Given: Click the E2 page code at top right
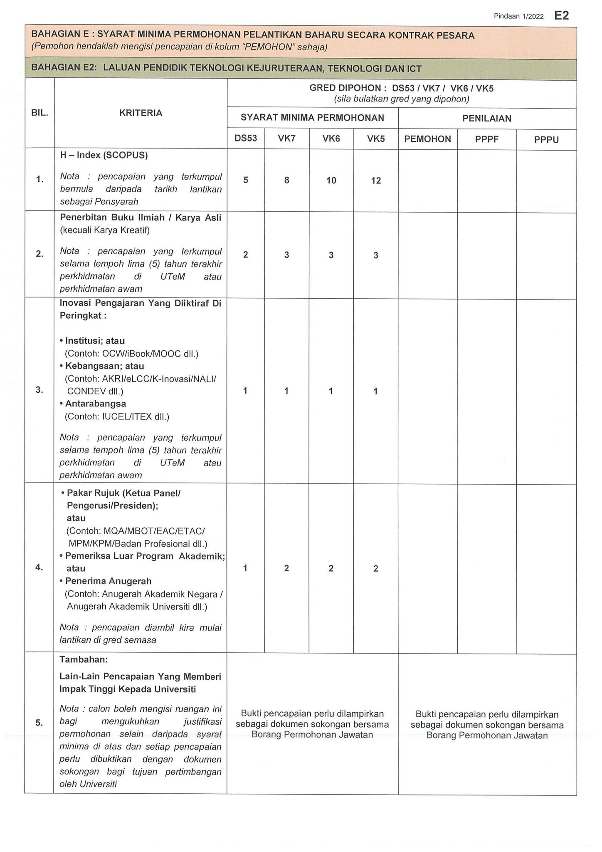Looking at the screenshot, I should coord(561,16).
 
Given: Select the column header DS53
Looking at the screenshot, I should coord(246,139).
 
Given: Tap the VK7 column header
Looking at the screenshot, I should coord(286,139).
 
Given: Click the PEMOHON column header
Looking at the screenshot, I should coord(427,139).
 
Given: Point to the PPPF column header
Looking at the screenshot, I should coord(486,139).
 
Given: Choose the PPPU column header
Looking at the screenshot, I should coord(546,140).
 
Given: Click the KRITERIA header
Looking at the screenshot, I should coord(141,113).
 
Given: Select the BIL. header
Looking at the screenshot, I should coord(39,113).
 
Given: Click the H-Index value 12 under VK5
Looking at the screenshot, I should coord(376,181).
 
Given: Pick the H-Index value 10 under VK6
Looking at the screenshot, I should coord(331,181).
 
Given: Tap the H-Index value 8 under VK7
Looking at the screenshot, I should coord(286,181).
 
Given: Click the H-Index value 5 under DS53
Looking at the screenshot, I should coord(246,180).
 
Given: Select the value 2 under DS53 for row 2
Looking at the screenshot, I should coord(246,255).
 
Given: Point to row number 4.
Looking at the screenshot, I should coord(39,567).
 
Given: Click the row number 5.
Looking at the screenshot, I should coord(39,723).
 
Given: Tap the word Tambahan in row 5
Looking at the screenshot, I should coord(84,660).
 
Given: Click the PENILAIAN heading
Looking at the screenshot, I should coord(487,119).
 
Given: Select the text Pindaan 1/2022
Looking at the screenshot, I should coord(518,16).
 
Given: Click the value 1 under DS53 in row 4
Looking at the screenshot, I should coord(245,568).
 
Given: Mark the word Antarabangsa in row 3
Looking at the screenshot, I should coord(95,404).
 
